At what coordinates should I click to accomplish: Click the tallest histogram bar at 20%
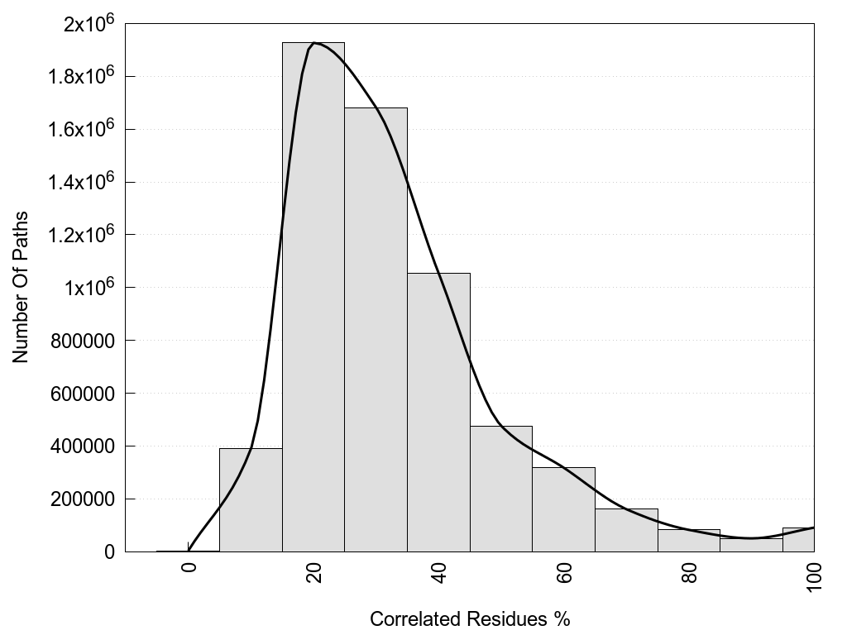pyautogui.click(x=313, y=298)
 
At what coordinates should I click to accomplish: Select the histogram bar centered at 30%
pyautogui.click(x=376, y=331)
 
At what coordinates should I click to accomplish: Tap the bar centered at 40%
pyautogui.click(x=438, y=413)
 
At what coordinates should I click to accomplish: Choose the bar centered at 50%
pyautogui.click(x=501, y=489)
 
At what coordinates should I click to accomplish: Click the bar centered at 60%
pyautogui.click(x=563, y=509)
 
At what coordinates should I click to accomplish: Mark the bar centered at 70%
pyautogui.click(x=626, y=530)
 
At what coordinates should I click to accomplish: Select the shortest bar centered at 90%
pyautogui.click(x=751, y=545)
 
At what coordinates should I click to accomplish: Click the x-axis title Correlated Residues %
pyautogui.click(x=470, y=618)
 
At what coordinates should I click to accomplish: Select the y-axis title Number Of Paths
pyautogui.click(x=21, y=287)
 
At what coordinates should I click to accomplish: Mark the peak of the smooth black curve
pyautogui.click(x=314, y=43)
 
